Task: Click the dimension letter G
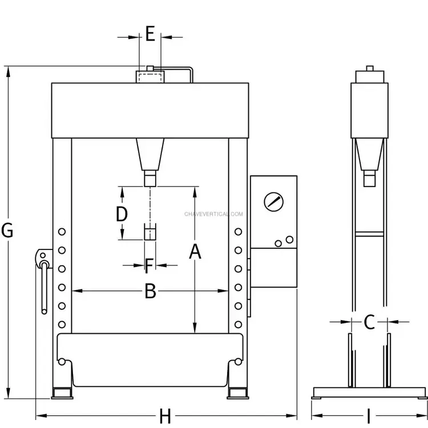pos(7,231)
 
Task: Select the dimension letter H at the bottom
pos(165,416)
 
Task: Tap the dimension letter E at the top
pos(150,34)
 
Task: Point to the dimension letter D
pos(122,214)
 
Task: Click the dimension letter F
pos(149,265)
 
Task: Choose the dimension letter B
pos(150,291)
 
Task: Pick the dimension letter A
pos(195,252)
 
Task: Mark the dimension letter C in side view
pos(369,322)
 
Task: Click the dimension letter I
pos(369,416)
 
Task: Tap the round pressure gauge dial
pos(273,202)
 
